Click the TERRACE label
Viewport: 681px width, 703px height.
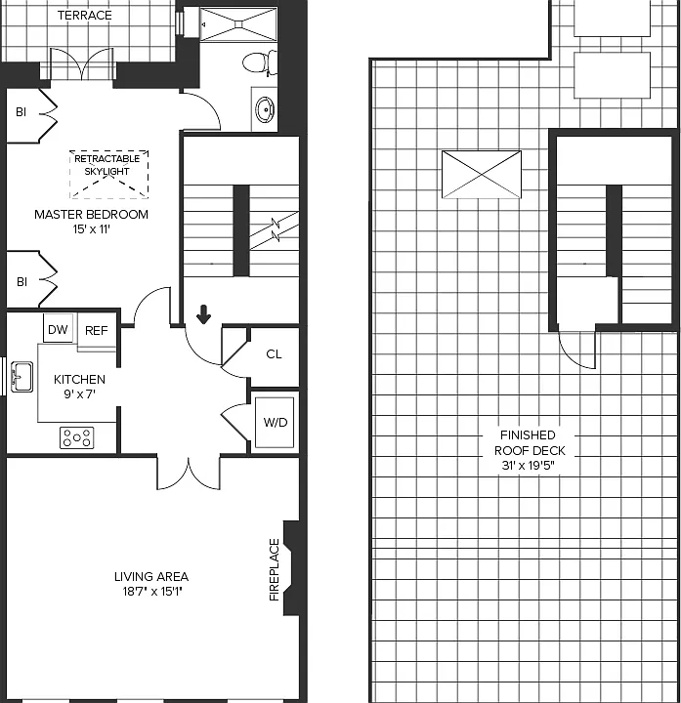point(85,16)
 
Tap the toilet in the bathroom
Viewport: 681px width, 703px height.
point(260,62)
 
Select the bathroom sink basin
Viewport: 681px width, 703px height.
point(265,109)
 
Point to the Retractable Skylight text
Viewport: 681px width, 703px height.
point(107,165)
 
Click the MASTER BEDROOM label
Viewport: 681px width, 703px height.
point(92,214)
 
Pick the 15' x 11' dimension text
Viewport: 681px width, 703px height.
point(92,229)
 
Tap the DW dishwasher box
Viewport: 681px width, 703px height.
point(58,330)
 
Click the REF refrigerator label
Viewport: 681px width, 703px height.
point(97,331)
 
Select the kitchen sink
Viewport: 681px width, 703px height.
point(21,377)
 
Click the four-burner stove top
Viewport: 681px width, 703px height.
point(77,437)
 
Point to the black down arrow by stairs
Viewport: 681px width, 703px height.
point(203,314)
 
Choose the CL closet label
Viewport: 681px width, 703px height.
point(274,354)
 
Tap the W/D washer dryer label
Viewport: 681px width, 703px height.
point(275,423)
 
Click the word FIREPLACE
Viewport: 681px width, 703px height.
point(275,570)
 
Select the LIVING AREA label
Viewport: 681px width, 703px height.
point(151,577)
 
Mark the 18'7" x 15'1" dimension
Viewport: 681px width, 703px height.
point(152,592)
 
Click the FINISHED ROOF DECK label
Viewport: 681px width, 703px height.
point(530,443)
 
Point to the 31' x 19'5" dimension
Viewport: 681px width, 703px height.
point(529,466)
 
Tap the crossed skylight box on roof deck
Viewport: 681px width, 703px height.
point(482,175)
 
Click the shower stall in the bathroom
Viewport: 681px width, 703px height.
point(238,24)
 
